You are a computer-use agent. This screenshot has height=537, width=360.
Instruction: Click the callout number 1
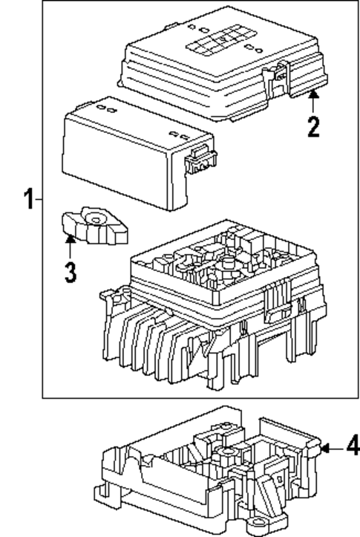(x=28, y=200)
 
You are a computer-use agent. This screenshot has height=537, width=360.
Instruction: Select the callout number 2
(x=313, y=126)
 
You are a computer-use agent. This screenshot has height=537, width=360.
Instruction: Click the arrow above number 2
(x=313, y=99)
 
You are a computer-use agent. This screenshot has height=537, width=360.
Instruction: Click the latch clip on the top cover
(x=280, y=74)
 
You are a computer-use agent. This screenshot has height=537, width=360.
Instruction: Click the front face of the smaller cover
(x=119, y=163)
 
